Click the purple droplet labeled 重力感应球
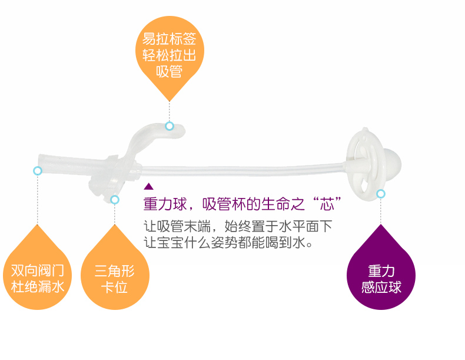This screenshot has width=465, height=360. [381, 275]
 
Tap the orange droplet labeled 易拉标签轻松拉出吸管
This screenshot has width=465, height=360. [170, 54]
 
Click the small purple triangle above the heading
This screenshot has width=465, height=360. [148, 187]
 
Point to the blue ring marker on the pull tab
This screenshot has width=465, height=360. [170, 126]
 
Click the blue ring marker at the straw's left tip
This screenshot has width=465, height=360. [38, 171]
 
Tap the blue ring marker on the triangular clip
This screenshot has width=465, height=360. [115, 200]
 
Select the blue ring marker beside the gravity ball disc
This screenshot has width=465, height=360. [381, 194]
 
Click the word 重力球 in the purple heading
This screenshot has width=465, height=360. [165, 204]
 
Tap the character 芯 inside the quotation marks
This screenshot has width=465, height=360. [327, 204]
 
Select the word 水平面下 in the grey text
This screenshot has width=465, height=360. [305, 226]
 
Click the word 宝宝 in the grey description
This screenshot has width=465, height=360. [170, 243]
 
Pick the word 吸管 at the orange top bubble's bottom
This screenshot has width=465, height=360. [170, 71]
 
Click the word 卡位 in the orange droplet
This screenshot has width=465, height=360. [114, 287]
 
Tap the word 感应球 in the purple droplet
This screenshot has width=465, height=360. [381, 287]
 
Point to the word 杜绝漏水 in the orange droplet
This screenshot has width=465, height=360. [37, 287]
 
